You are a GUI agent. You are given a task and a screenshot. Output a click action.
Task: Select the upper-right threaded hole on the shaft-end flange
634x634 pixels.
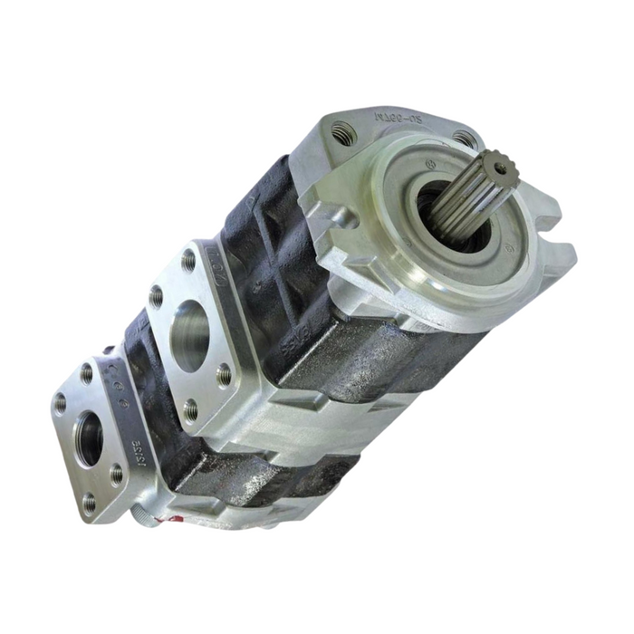(464, 139)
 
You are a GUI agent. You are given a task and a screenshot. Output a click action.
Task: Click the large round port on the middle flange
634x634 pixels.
(189, 335)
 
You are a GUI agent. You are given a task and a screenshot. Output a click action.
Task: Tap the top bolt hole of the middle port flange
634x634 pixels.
(188, 262)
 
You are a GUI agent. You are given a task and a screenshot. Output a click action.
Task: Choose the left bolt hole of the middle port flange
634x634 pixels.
(156, 296)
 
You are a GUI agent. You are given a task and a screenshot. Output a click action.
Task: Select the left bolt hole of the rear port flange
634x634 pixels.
(60, 404)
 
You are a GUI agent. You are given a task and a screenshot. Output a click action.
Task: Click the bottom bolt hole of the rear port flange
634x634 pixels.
(89, 503)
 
